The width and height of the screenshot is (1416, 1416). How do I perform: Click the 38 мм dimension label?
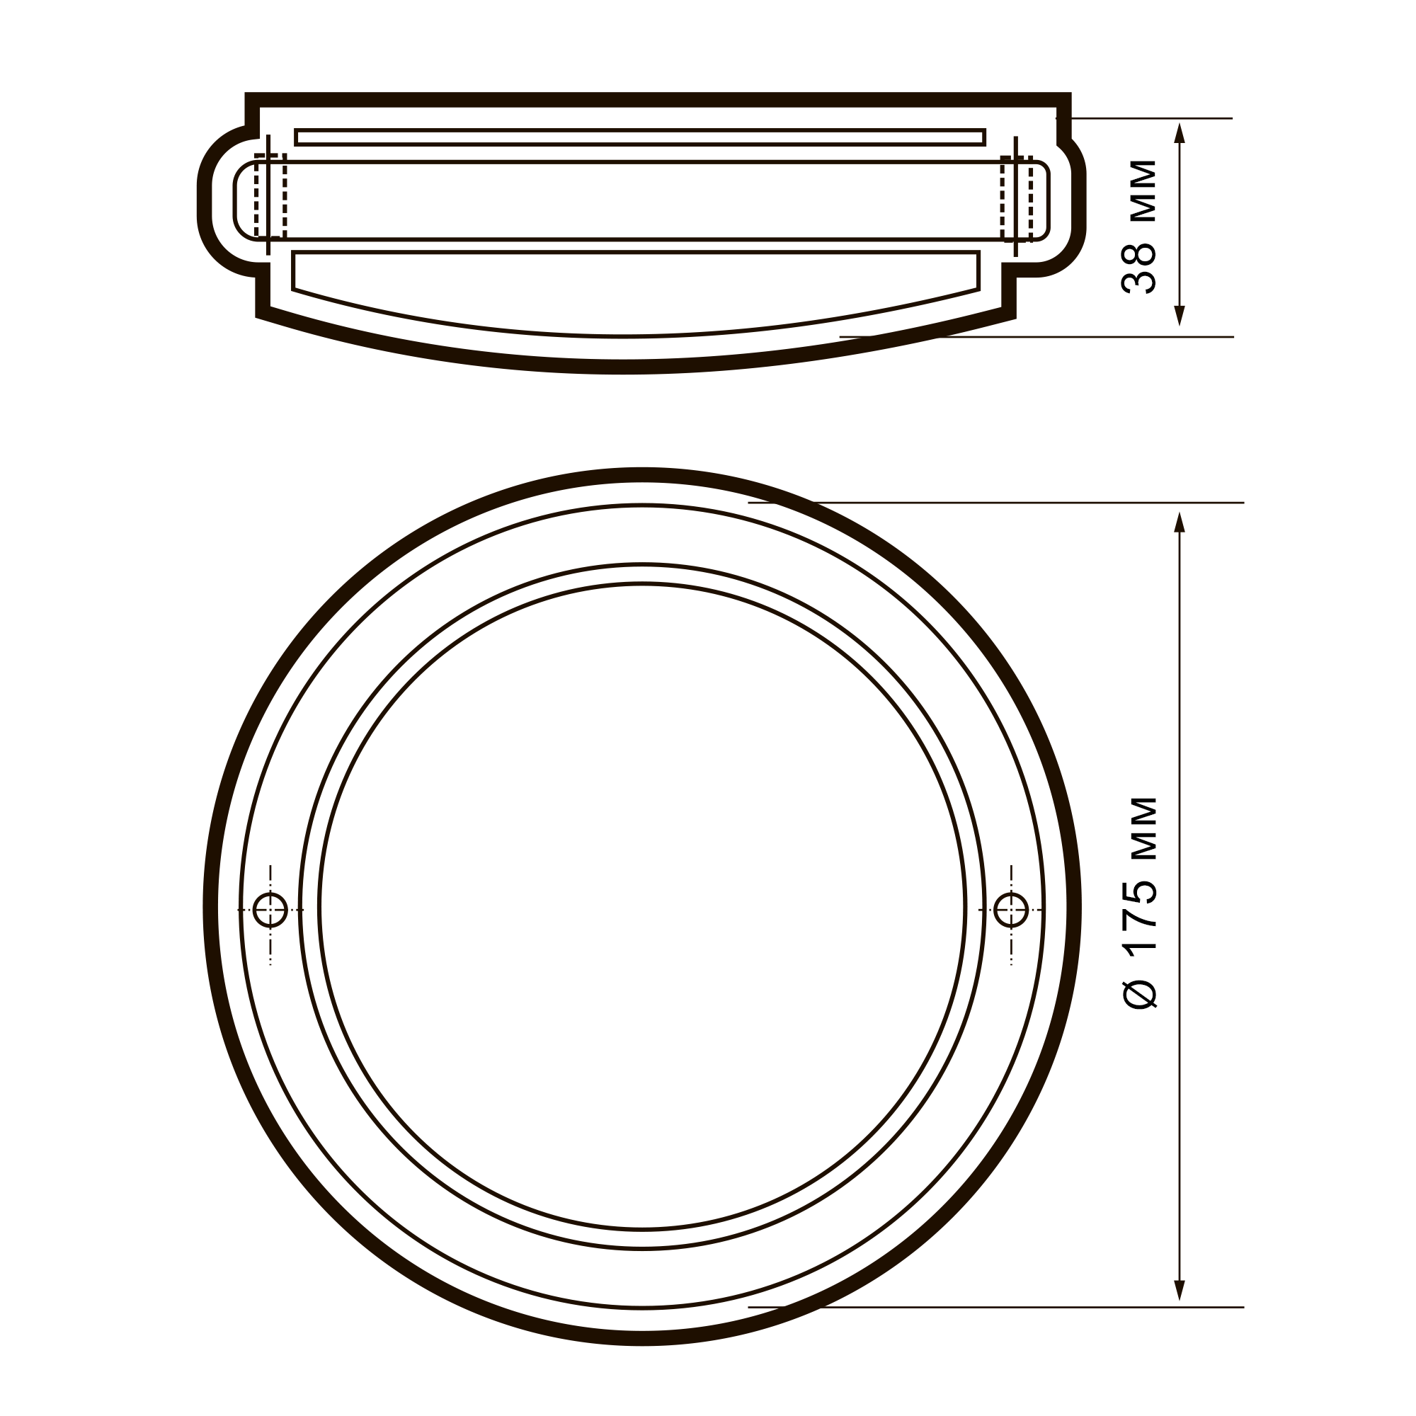coord(1140,227)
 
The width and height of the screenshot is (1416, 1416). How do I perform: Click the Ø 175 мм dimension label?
coord(1141,903)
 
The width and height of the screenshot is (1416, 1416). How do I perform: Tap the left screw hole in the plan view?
coord(270,910)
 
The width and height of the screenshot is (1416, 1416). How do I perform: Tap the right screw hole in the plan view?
coord(1012,910)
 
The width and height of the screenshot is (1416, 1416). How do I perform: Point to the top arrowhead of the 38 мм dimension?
coord(1180,133)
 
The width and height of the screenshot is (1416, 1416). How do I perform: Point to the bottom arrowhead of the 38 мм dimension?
coord(1180,315)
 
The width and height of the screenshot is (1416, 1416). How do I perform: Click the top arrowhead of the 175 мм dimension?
coord(1180,523)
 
